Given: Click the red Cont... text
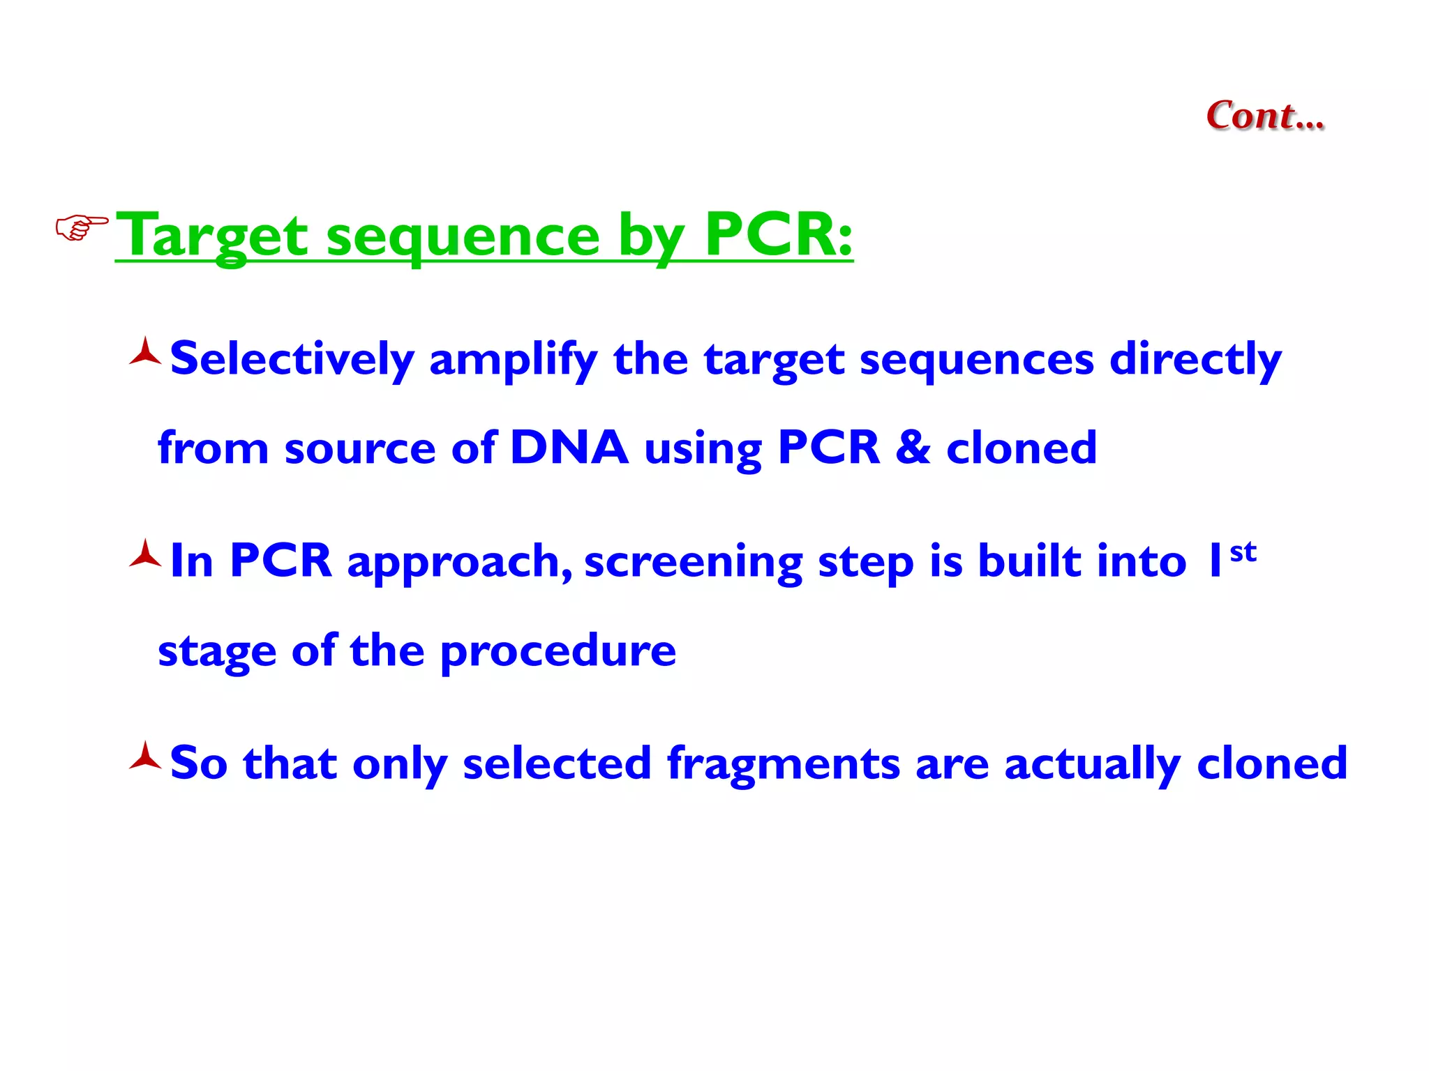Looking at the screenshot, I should pyautogui.click(x=1264, y=116).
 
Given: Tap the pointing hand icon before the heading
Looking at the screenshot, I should pyautogui.click(x=82, y=228).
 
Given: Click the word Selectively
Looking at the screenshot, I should pyautogui.click(x=292, y=360).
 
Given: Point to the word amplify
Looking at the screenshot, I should pyautogui.click(x=513, y=360).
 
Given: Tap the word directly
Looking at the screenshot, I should pyautogui.click(x=1195, y=360).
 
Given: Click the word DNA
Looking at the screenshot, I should pyautogui.click(x=569, y=448).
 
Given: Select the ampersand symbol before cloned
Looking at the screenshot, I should pyautogui.click(x=913, y=448).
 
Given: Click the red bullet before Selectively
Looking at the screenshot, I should pyautogui.click(x=145, y=353).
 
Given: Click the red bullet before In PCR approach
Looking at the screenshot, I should pyautogui.click(x=145, y=555).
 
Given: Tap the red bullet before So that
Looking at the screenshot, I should pyautogui.click(x=145, y=757).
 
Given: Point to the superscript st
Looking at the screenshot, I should pyautogui.click(x=1243, y=552).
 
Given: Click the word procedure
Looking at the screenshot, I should pyautogui.click(x=558, y=652).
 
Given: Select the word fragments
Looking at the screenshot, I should pyautogui.click(x=783, y=764).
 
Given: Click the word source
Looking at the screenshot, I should pyautogui.click(x=360, y=449).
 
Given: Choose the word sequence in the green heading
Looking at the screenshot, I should pyautogui.click(x=463, y=237).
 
